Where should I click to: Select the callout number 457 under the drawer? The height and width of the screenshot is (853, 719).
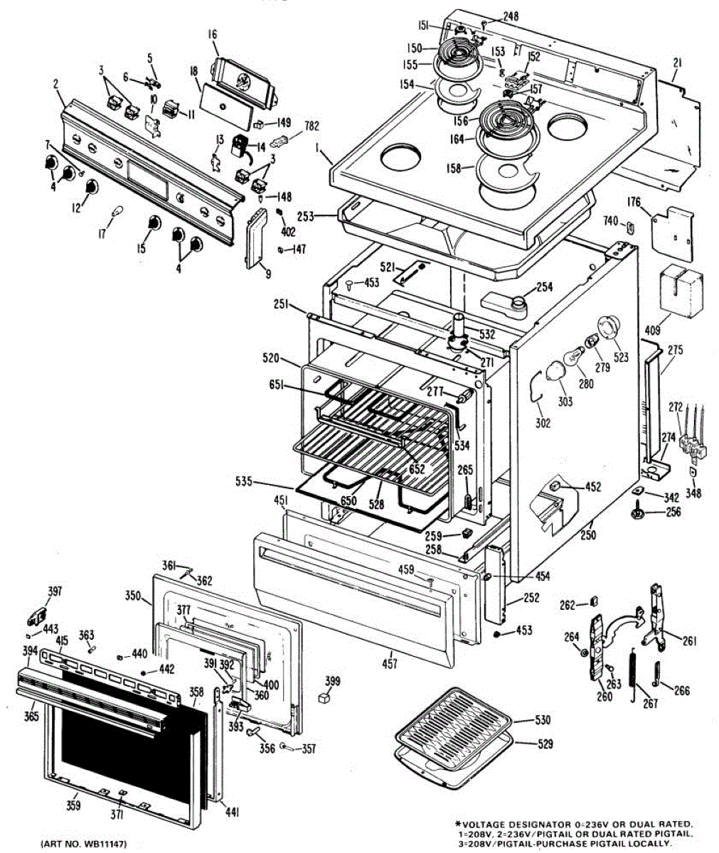click(389, 665)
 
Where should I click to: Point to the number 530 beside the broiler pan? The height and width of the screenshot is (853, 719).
click(543, 721)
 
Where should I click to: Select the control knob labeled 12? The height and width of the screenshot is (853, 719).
click(91, 186)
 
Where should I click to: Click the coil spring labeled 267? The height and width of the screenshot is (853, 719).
click(634, 676)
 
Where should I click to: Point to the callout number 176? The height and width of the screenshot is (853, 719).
click(634, 202)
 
